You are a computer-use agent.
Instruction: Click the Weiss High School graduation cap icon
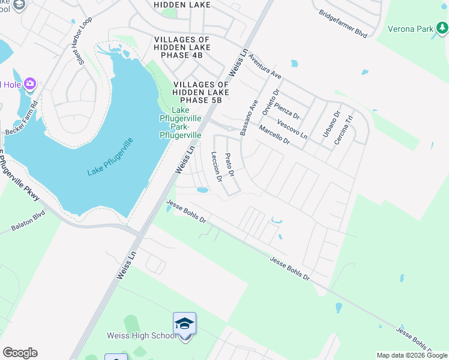coord(185,325)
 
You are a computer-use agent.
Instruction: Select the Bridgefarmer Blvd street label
coord(343,23)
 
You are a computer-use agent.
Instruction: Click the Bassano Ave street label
coord(249,118)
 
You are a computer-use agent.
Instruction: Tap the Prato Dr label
coord(229,164)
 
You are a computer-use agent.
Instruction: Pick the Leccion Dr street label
coord(217,167)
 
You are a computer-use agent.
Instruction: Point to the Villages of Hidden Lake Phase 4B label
coord(182,47)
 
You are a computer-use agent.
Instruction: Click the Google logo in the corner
coord(20,353)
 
